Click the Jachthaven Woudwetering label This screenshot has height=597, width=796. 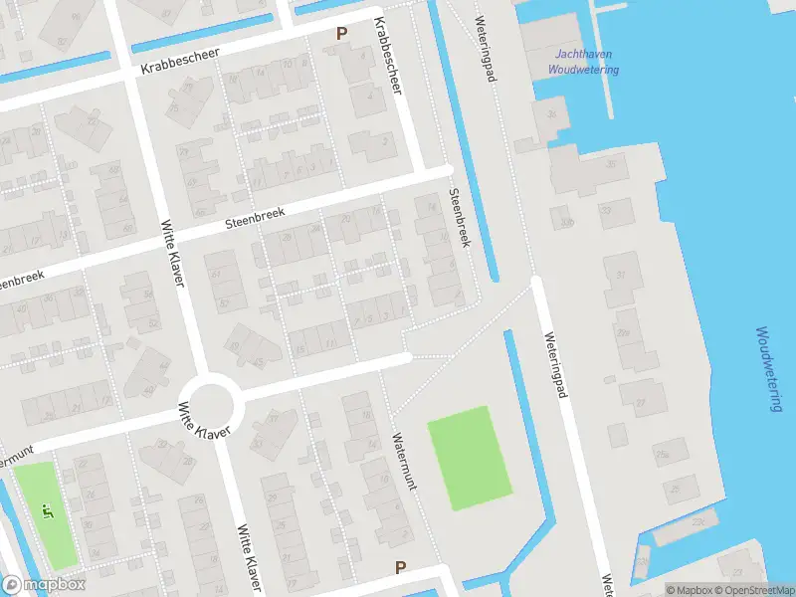click(x=584, y=63)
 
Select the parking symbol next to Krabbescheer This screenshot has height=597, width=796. click(x=341, y=34)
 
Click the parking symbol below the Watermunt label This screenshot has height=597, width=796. click(x=401, y=568)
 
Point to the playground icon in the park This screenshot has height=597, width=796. click(x=47, y=511)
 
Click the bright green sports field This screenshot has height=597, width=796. click(x=470, y=458)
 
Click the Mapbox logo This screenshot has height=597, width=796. click(x=44, y=585)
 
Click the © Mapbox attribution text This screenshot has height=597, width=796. click(x=689, y=590)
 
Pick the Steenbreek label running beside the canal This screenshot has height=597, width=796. click(x=460, y=218)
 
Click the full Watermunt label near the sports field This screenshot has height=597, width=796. click(x=403, y=461)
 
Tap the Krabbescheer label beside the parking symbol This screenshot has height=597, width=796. click(x=388, y=57)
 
